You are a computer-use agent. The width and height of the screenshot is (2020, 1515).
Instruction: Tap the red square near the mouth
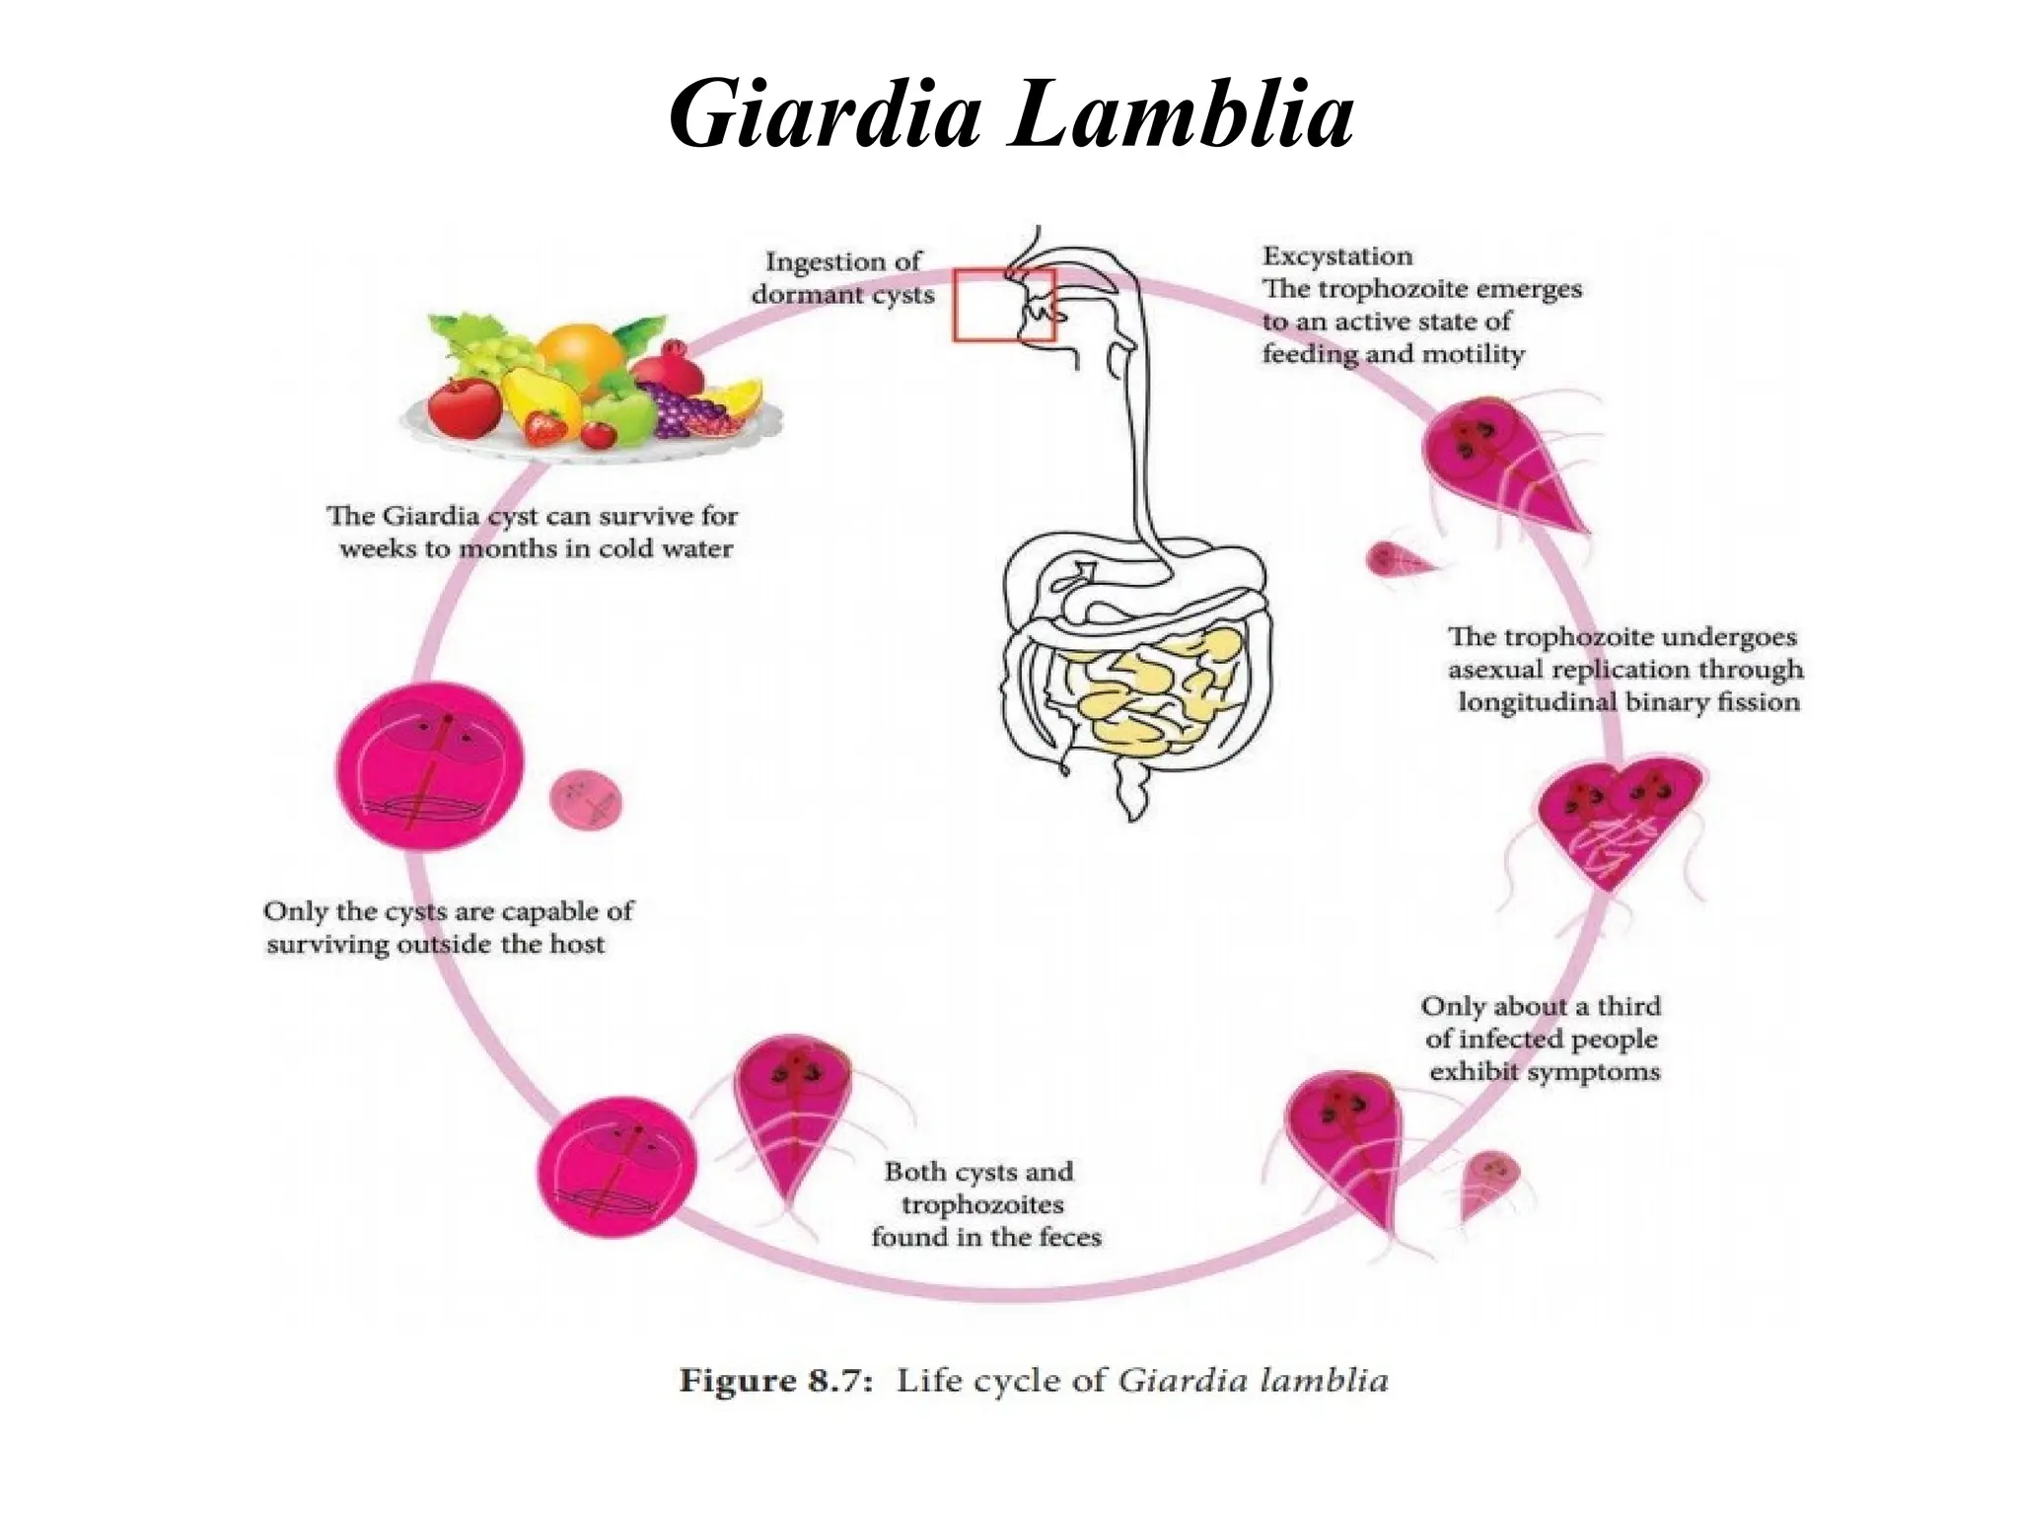tap(1003, 306)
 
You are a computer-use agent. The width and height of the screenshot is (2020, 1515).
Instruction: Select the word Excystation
tap(1337, 256)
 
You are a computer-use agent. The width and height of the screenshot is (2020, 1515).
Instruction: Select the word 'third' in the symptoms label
tap(1628, 1006)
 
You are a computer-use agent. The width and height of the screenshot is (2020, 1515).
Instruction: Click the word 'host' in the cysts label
tap(577, 944)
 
